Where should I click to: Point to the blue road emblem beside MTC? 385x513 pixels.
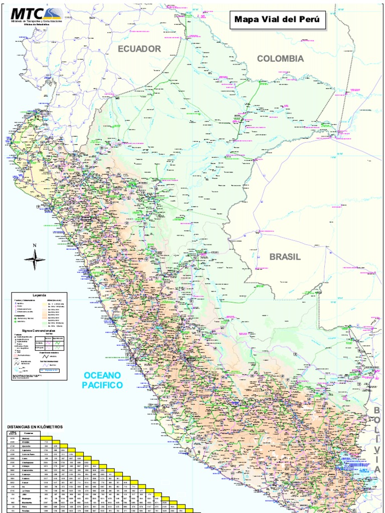tap(52, 13)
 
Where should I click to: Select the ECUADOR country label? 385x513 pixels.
tap(139, 49)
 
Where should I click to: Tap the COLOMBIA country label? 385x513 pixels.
tap(280, 59)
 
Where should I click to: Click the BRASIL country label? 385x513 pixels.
tap(285, 257)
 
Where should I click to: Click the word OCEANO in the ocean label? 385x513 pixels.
tap(102, 376)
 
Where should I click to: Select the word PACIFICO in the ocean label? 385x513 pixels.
tap(102, 385)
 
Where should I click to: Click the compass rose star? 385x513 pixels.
tap(35, 259)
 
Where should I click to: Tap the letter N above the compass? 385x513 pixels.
tap(35, 245)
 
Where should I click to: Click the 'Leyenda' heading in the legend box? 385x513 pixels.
tap(40, 295)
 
